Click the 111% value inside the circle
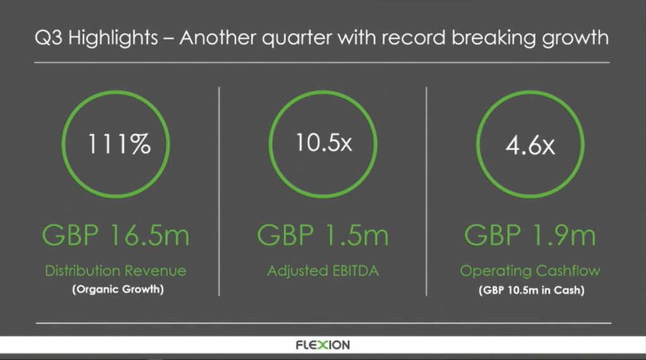click(119, 145)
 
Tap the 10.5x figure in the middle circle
click(324, 143)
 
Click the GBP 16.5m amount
click(115, 236)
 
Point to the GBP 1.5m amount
click(322, 236)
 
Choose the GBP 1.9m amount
click(530, 236)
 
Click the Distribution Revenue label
click(115, 271)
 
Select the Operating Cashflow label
click(530, 271)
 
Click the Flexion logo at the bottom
click(322, 345)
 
